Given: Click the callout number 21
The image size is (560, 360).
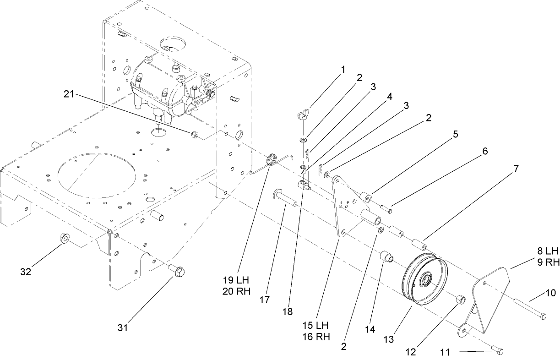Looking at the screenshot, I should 68,95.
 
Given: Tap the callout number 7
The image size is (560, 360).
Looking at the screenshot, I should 516,169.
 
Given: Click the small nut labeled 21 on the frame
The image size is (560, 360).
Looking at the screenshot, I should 194,134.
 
